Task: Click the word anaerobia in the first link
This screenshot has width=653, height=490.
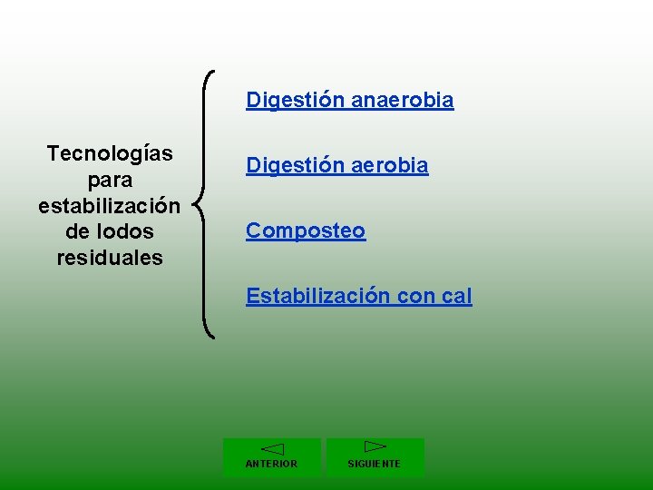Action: click(x=402, y=100)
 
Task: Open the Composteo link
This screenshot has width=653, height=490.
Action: click(x=306, y=231)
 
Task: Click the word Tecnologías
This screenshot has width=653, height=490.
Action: click(x=110, y=153)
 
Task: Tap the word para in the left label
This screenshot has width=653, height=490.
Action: click(x=110, y=180)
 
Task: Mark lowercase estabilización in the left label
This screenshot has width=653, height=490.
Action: click(x=110, y=206)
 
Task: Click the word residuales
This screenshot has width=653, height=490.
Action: click(x=110, y=258)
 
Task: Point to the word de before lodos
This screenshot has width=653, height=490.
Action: click(x=77, y=231)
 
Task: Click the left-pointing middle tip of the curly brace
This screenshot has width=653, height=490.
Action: click(x=197, y=205)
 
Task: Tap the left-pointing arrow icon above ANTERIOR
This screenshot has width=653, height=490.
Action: click(x=271, y=449)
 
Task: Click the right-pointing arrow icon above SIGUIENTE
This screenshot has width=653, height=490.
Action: click(x=375, y=446)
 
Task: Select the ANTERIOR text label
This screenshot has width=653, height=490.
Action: click(x=271, y=464)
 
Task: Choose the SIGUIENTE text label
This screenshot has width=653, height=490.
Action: click(x=375, y=464)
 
